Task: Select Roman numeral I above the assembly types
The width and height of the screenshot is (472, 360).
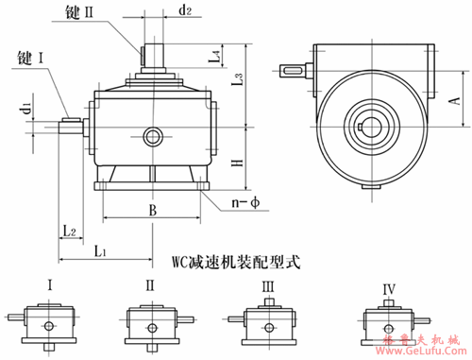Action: click(49, 283)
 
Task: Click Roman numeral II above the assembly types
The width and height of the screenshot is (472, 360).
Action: click(149, 283)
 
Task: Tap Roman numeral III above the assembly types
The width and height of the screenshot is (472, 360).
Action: click(268, 283)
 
